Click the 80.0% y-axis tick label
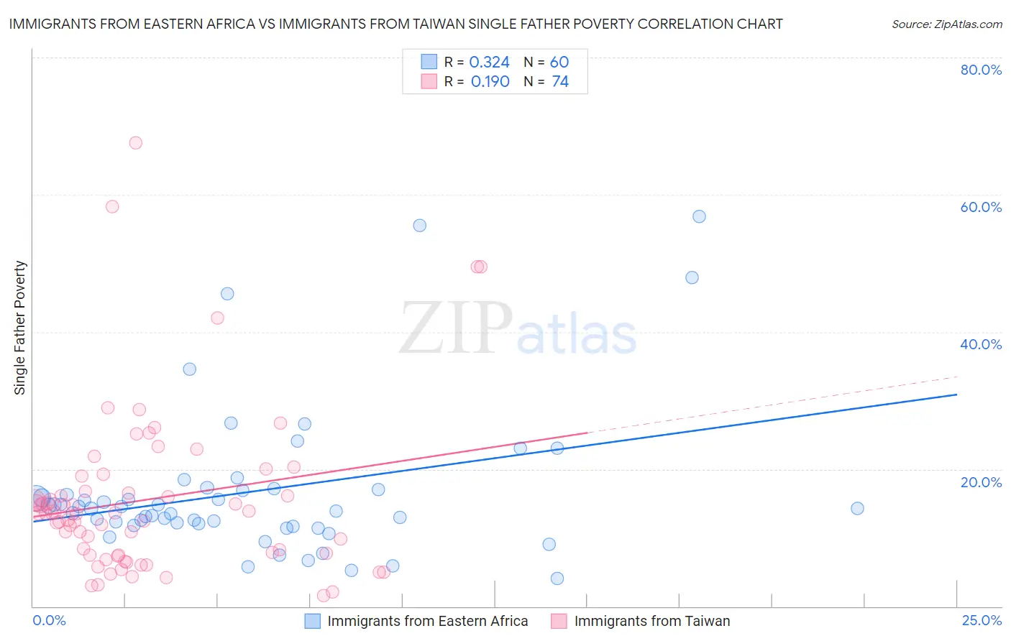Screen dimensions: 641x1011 click(x=981, y=70)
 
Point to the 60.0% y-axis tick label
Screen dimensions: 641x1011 click(x=981, y=207)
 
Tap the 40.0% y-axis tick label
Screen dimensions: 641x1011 click(x=981, y=344)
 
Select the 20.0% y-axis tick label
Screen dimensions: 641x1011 click(x=981, y=481)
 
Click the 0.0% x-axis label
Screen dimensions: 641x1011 click(x=49, y=620)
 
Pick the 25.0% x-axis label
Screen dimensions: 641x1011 click(x=982, y=620)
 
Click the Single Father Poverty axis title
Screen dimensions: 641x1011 click(x=20, y=328)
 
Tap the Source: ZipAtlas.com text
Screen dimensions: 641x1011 click(x=946, y=24)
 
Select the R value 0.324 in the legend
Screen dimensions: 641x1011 click(x=489, y=63)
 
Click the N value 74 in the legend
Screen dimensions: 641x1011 click(x=560, y=82)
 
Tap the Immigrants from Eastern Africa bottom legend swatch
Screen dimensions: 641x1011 click(x=312, y=621)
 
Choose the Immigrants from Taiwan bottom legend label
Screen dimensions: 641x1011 click(x=652, y=621)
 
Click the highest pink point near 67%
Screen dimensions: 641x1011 click(x=135, y=143)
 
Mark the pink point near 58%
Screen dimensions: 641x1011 click(x=112, y=206)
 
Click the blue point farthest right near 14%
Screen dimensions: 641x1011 click(x=857, y=508)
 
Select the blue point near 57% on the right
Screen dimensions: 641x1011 click(x=699, y=216)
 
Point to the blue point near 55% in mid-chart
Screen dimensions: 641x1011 click(x=420, y=226)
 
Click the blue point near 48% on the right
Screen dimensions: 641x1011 click(x=692, y=277)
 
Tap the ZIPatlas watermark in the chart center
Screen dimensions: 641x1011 click(x=518, y=328)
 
